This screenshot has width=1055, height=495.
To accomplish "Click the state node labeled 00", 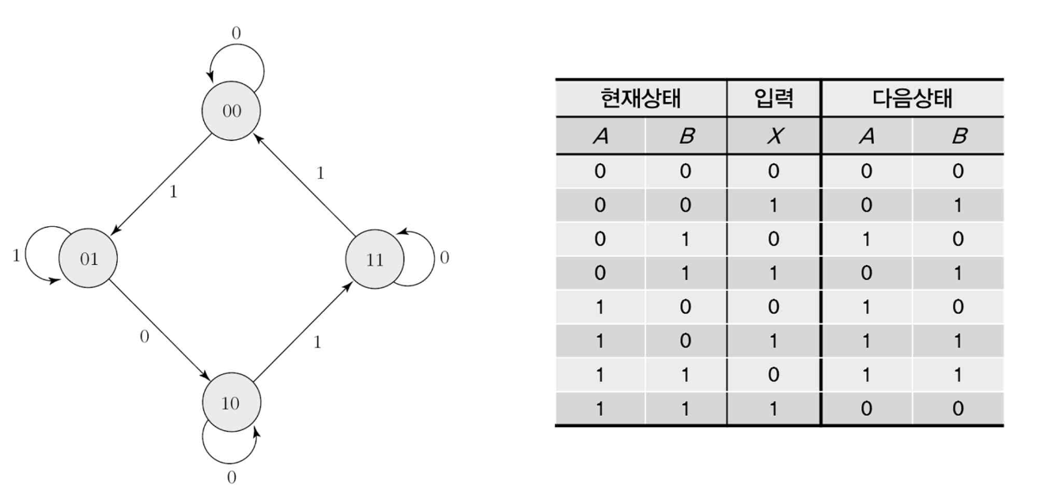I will [x=231, y=111].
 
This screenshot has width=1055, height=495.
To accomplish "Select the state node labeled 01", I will [x=88, y=259].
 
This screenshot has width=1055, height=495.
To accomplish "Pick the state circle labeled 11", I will [x=374, y=259].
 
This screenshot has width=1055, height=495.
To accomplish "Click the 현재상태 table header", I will [x=641, y=99].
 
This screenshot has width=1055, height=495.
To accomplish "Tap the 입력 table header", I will [x=773, y=99].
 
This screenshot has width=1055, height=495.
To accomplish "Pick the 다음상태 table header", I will [x=912, y=99].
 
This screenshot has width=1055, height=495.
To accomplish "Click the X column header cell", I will [x=773, y=136].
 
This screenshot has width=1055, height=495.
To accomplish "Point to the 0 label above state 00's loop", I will [x=236, y=33].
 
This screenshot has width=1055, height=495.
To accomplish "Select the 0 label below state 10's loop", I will [x=231, y=477].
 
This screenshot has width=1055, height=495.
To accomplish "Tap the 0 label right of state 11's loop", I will [x=444, y=259].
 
